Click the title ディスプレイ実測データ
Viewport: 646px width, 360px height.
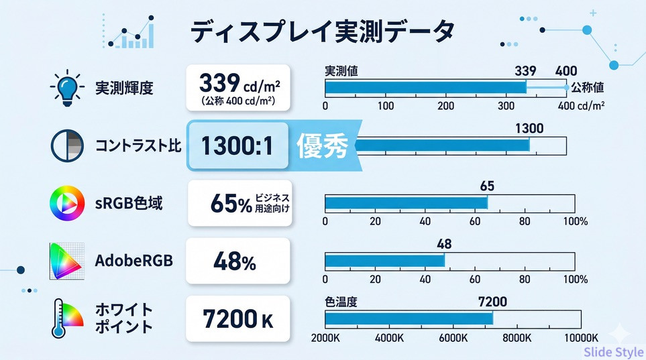coord(322,32)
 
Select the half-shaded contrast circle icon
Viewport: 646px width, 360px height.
coord(67,145)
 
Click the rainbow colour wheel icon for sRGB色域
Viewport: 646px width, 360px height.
coord(67,202)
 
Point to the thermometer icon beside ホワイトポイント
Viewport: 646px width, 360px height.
coord(67,318)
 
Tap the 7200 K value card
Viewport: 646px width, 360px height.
coord(238,318)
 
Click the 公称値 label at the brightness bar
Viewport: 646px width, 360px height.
coord(588,88)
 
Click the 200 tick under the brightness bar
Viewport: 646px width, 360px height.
coord(445,106)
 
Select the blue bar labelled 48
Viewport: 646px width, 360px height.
coord(384,260)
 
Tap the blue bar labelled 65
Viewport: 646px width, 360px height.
coord(406,202)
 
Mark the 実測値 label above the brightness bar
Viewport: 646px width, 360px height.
coord(341,71)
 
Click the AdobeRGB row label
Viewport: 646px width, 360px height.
coord(133,260)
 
